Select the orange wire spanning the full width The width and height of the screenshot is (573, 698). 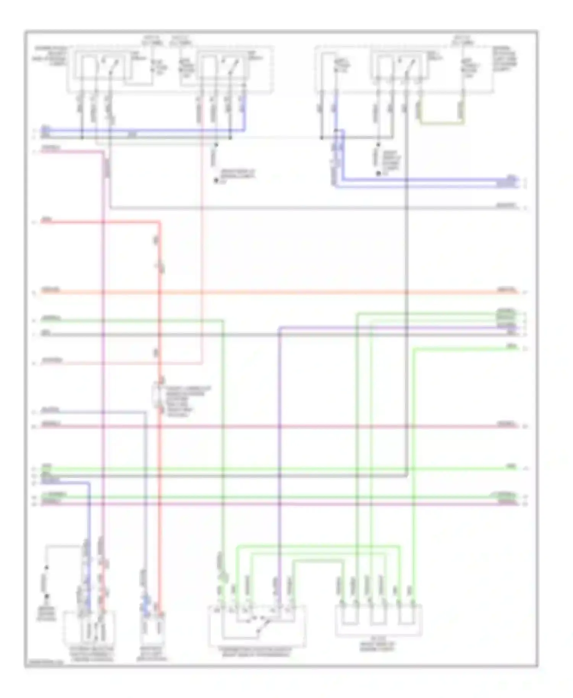pyautogui.click(x=267, y=292)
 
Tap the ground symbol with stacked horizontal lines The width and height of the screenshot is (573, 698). pyautogui.click(x=47, y=596)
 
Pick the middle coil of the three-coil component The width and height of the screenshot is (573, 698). pyautogui.click(x=377, y=616)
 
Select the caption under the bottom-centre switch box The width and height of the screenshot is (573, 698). pyautogui.click(x=256, y=652)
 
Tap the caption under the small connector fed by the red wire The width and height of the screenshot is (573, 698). pyautogui.click(x=152, y=653)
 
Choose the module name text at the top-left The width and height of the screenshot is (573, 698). pyautogui.click(x=51, y=56)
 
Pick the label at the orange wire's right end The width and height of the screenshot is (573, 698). pyautogui.click(x=507, y=290)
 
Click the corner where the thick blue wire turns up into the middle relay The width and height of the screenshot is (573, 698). pyautogui.click(x=244, y=130)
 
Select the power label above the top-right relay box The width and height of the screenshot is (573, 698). pyautogui.click(x=463, y=40)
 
